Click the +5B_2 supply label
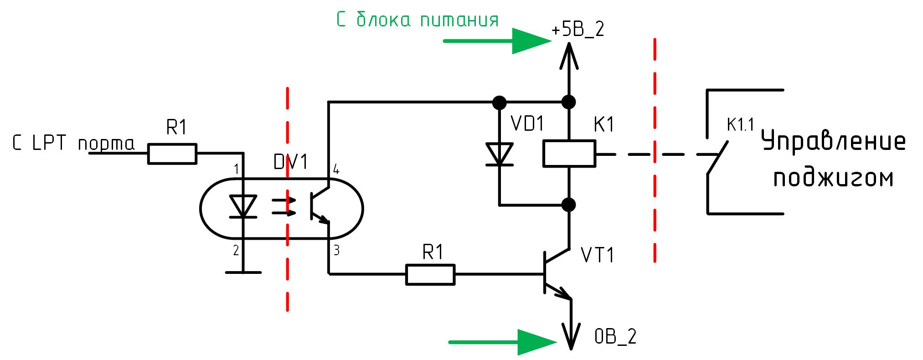(x=577, y=30)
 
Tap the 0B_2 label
(x=615, y=337)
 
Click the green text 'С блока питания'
(x=417, y=20)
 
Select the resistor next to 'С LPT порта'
(x=172, y=154)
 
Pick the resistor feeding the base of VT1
(x=430, y=275)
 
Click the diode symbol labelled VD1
(x=500, y=154)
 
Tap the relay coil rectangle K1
(x=569, y=153)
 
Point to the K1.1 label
(x=740, y=125)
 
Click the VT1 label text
(x=598, y=256)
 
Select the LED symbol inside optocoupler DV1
(x=242, y=206)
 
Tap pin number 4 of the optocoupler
(x=336, y=170)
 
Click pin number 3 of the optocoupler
(x=336, y=250)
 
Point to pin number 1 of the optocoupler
(x=236, y=170)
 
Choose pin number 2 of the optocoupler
(x=236, y=250)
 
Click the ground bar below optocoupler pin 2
(x=243, y=273)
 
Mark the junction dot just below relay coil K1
(x=569, y=205)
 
